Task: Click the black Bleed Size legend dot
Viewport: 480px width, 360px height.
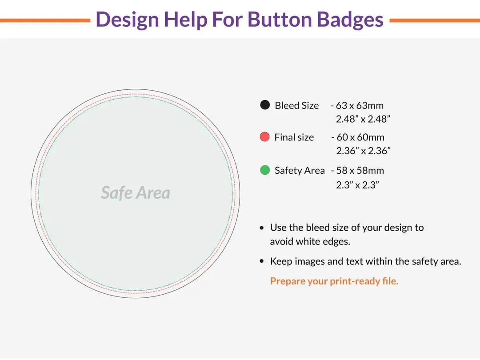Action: [x=265, y=105]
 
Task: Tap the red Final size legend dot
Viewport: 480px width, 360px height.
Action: [x=265, y=137]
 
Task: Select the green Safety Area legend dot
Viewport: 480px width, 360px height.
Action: [x=265, y=170]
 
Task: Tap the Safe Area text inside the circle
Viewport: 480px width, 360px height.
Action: [x=136, y=193]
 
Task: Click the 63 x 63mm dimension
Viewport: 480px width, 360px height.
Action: [x=360, y=106]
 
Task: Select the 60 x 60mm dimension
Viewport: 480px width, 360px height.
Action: [x=360, y=137]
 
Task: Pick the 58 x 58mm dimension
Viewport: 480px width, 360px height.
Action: [x=360, y=171]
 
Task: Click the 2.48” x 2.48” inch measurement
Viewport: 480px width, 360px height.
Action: [x=363, y=119]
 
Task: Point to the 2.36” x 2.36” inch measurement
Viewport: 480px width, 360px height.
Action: [x=363, y=151]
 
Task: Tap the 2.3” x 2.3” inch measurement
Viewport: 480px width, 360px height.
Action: [x=357, y=185]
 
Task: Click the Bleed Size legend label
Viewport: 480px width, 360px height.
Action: [x=296, y=106]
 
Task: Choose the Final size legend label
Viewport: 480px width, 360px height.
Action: [x=294, y=137]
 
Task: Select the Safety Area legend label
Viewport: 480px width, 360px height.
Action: [x=300, y=171]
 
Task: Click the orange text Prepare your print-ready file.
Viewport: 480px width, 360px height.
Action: [x=334, y=281]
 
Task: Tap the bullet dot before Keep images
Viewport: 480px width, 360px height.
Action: [x=262, y=262]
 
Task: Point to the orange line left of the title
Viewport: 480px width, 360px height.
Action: [x=44, y=20]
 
